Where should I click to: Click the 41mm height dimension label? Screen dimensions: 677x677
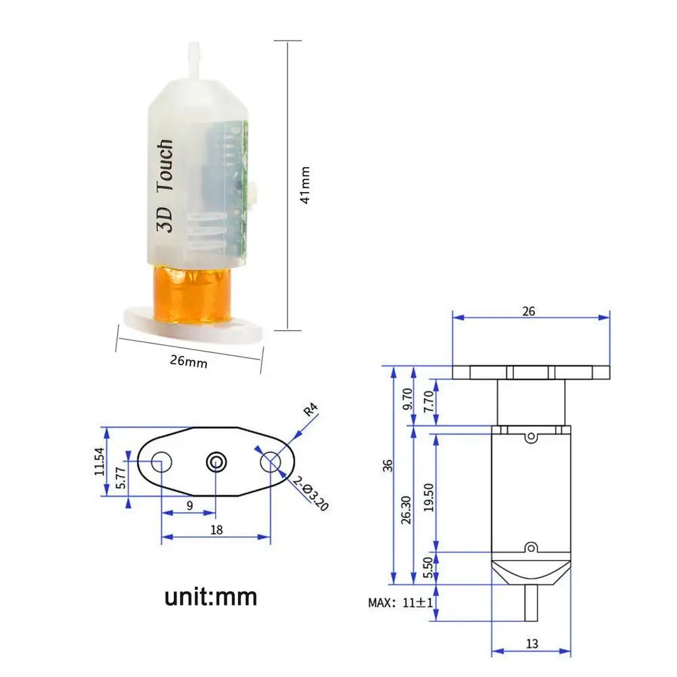point(305,185)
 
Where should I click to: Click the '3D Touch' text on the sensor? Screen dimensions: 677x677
point(166,187)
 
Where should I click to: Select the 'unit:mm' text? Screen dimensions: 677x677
point(211,597)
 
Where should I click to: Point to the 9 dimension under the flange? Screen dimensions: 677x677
point(189,505)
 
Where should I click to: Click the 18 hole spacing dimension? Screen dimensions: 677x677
point(216,530)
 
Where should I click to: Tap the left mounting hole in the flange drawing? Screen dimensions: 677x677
point(162,462)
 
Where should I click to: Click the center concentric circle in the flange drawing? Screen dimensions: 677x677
point(216,462)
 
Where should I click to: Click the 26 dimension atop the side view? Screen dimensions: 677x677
point(529,311)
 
